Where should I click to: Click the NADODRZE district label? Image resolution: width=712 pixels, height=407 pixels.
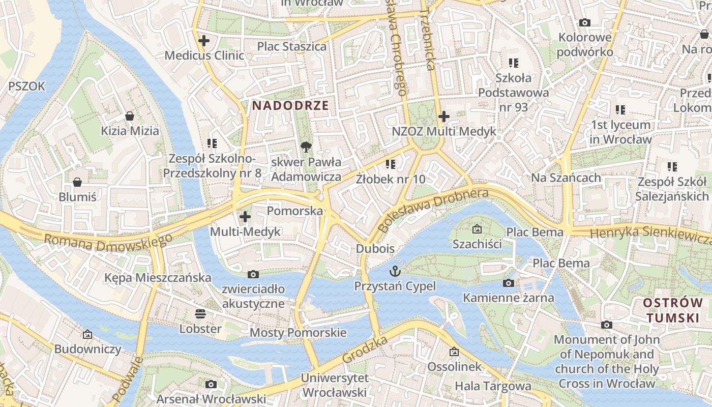[x=290, y=106]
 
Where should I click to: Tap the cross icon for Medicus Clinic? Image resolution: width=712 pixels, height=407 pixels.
[x=204, y=41]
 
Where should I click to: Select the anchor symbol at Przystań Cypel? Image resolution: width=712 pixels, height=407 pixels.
[x=395, y=271]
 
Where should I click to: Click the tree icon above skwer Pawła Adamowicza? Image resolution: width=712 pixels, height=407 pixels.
[x=306, y=148]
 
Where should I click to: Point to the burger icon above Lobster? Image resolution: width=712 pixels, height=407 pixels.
[x=200, y=314]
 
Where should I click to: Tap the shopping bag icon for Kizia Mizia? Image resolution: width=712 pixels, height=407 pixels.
[x=130, y=116]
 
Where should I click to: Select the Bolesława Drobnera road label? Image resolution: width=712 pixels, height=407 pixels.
[x=433, y=209]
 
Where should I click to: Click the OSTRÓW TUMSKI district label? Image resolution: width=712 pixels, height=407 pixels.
[x=672, y=310]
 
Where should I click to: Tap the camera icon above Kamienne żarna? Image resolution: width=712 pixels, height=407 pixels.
[x=508, y=283]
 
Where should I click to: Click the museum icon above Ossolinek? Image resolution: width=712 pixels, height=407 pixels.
[x=454, y=352]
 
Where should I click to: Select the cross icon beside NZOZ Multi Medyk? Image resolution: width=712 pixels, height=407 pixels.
[x=444, y=117]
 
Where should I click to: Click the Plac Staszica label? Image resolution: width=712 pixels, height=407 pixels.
[x=291, y=46]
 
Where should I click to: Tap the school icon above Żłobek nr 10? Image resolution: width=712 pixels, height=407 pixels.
[x=391, y=164]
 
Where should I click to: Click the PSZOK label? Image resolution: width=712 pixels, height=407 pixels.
[x=26, y=86]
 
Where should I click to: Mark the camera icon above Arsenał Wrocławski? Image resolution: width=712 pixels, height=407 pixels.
[x=211, y=384]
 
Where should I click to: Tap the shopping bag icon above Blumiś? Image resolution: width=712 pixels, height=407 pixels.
[x=77, y=182]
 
